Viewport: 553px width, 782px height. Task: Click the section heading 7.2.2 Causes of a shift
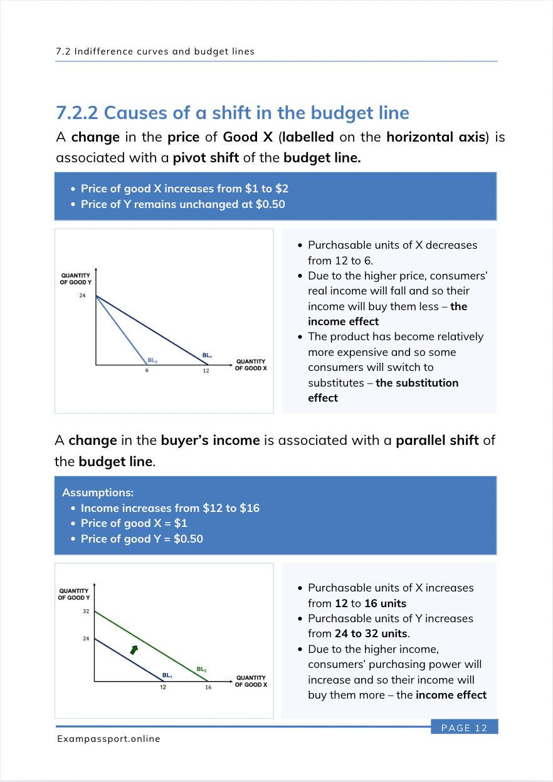[x=233, y=113]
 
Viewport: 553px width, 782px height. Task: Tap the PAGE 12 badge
[x=464, y=727]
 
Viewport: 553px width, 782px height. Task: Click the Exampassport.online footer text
[x=108, y=739]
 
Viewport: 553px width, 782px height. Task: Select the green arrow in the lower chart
[x=134, y=650]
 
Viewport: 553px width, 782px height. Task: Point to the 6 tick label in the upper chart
[x=147, y=371]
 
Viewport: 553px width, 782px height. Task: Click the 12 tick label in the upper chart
[x=205, y=371]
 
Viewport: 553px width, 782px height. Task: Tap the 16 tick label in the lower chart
[x=208, y=687]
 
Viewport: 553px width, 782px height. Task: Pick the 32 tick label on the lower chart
[x=86, y=611]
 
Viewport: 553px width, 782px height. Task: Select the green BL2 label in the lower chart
[x=202, y=669]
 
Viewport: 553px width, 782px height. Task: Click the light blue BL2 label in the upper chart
[x=152, y=360]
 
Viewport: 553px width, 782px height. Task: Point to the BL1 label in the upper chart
[x=207, y=356]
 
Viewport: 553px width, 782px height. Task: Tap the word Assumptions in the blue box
[x=98, y=493]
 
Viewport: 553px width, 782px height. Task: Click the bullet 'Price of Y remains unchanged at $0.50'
[x=182, y=204]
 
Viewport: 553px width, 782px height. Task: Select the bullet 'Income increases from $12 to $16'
[x=170, y=508]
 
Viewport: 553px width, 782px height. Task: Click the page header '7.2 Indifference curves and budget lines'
[x=155, y=51]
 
